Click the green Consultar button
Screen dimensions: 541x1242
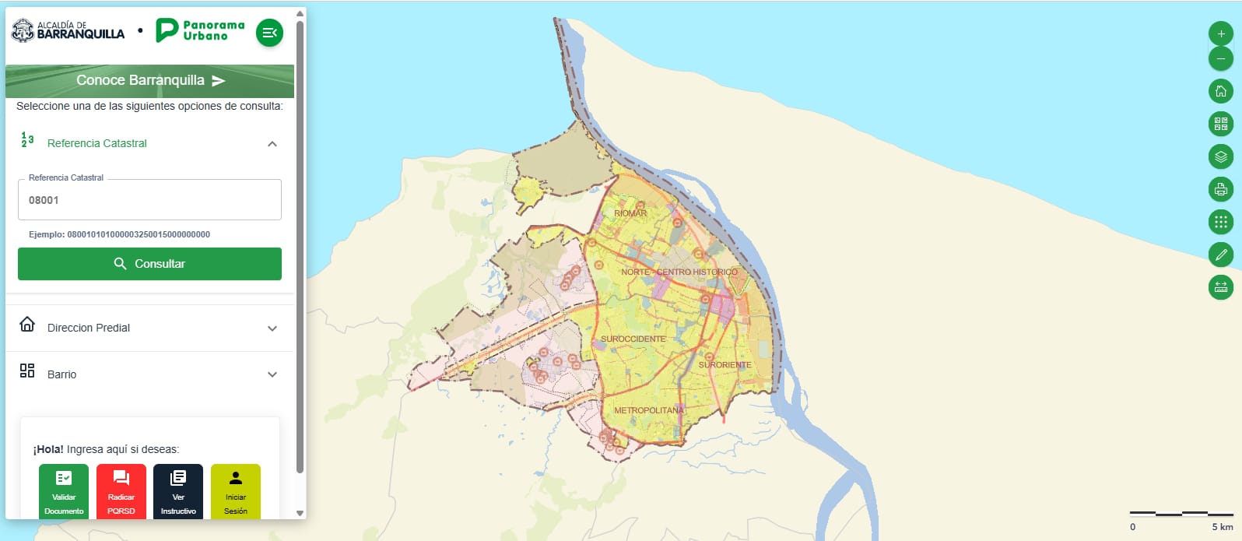click(x=149, y=264)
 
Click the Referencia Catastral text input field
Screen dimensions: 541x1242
click(x=149, y=200)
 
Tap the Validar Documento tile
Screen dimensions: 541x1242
click(x=64, y=490)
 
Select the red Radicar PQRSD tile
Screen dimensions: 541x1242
click(x=121, y=490)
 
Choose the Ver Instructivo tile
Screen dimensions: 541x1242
click(x=178, y=490)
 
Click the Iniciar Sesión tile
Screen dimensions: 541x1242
click(x=236, y=490)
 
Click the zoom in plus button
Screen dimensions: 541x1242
click(x=1221, y=33)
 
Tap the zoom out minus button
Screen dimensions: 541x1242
click(x=1221, y=58)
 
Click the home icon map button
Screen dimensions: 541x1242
click(x=1221, y=91)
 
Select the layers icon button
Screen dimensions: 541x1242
click(x=1221, y=156)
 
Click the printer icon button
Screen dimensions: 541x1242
click(x=1221, y=189)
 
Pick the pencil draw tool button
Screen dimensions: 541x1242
click(x=1221, y=255)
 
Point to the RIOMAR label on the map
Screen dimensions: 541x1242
click(x=630, y=213)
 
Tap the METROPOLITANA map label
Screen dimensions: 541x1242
click(x=649, y=410)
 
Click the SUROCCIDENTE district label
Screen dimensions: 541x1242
click(x=633, y=339)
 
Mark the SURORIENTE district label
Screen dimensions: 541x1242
click(x=724, y=365)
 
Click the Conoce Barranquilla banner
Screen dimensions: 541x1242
click(x=149, y=81)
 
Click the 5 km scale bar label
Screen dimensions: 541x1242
click(x=1222, y=527)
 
